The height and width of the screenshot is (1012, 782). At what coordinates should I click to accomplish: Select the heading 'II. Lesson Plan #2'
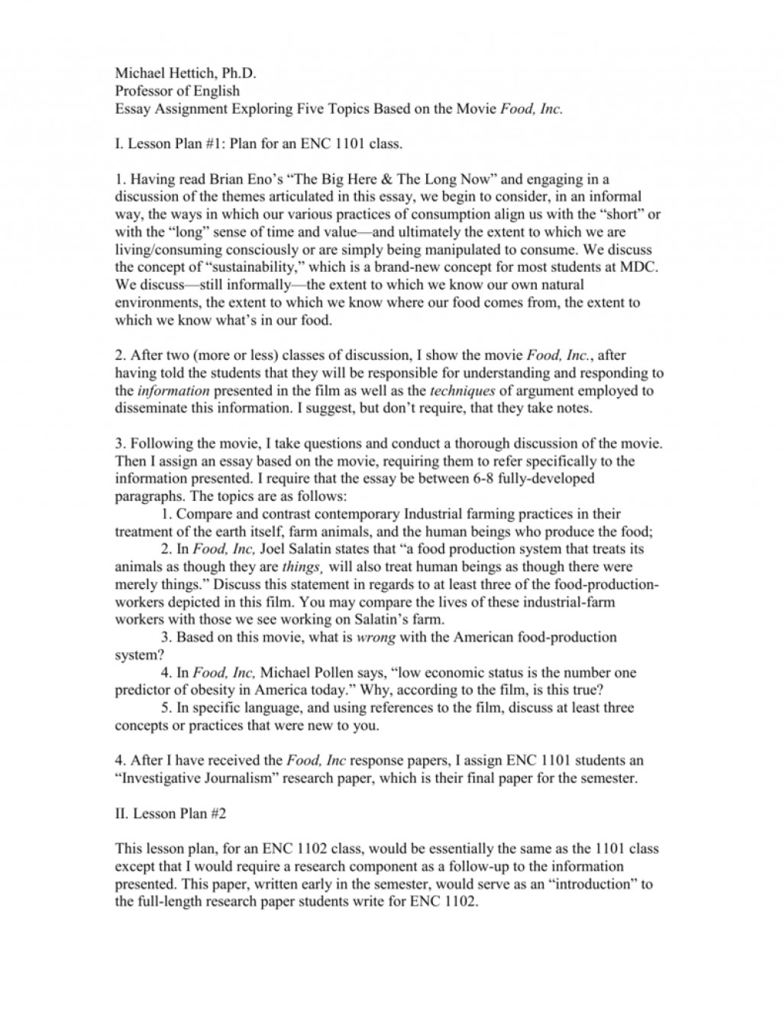coord(170,813)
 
